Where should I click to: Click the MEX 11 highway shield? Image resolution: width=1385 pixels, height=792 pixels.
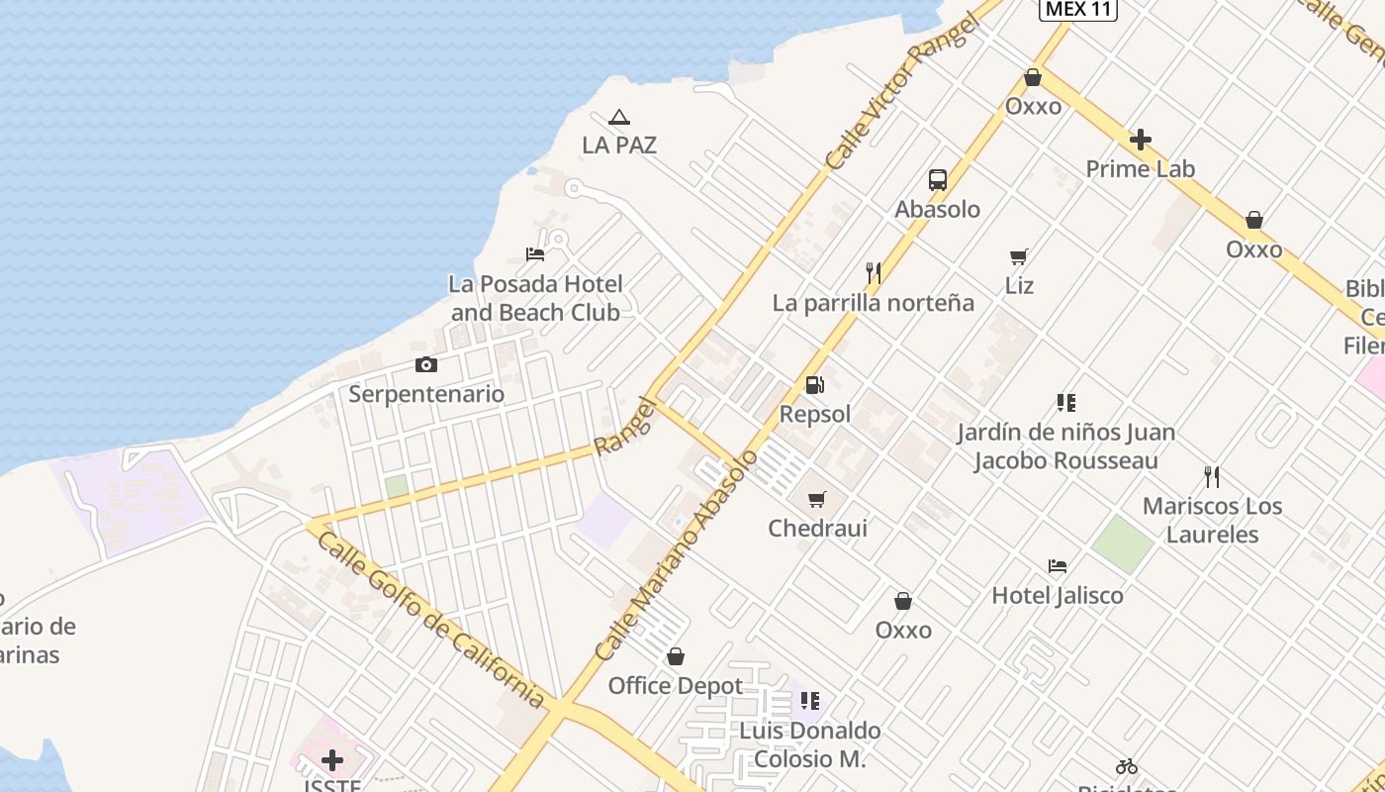point(1078,9)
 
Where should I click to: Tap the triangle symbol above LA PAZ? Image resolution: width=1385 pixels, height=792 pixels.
point(619,117)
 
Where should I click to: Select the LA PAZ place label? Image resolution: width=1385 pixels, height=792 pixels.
point(619,146)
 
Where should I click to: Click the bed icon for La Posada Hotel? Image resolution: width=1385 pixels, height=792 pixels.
point(535,254)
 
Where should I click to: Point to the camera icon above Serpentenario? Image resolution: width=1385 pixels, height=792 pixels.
point(426,364)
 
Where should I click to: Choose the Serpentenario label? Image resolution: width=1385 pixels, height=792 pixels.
point(426,394)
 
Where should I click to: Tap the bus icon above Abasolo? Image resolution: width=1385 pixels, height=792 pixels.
point(938,180)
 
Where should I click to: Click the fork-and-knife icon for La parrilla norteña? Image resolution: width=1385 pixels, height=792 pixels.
point(874,273)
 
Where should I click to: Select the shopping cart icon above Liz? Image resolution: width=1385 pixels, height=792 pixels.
point(1019,257)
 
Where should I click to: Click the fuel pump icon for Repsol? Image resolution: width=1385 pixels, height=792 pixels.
point(815,385)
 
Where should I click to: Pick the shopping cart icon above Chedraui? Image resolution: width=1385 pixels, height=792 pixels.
point(817,499)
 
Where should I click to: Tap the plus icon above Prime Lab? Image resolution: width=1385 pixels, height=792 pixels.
point(1141,140)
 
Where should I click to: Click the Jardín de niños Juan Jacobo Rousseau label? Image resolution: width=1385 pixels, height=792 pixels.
point(1065,446)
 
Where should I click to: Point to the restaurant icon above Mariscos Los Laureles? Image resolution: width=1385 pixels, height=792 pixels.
point(1212,477)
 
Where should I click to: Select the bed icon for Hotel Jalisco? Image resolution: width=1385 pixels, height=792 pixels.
point(1058,566)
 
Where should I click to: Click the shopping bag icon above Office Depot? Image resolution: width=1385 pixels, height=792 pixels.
point(676,656)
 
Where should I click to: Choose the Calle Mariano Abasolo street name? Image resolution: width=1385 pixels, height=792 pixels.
point(679,554)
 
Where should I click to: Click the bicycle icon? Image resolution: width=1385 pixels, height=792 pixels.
point(1127,766)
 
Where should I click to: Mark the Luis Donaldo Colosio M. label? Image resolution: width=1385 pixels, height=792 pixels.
point(810,744)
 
